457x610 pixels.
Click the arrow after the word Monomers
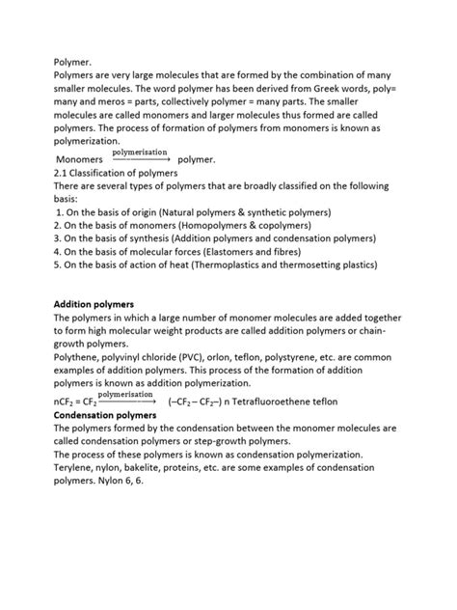click(x=140, y=159)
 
